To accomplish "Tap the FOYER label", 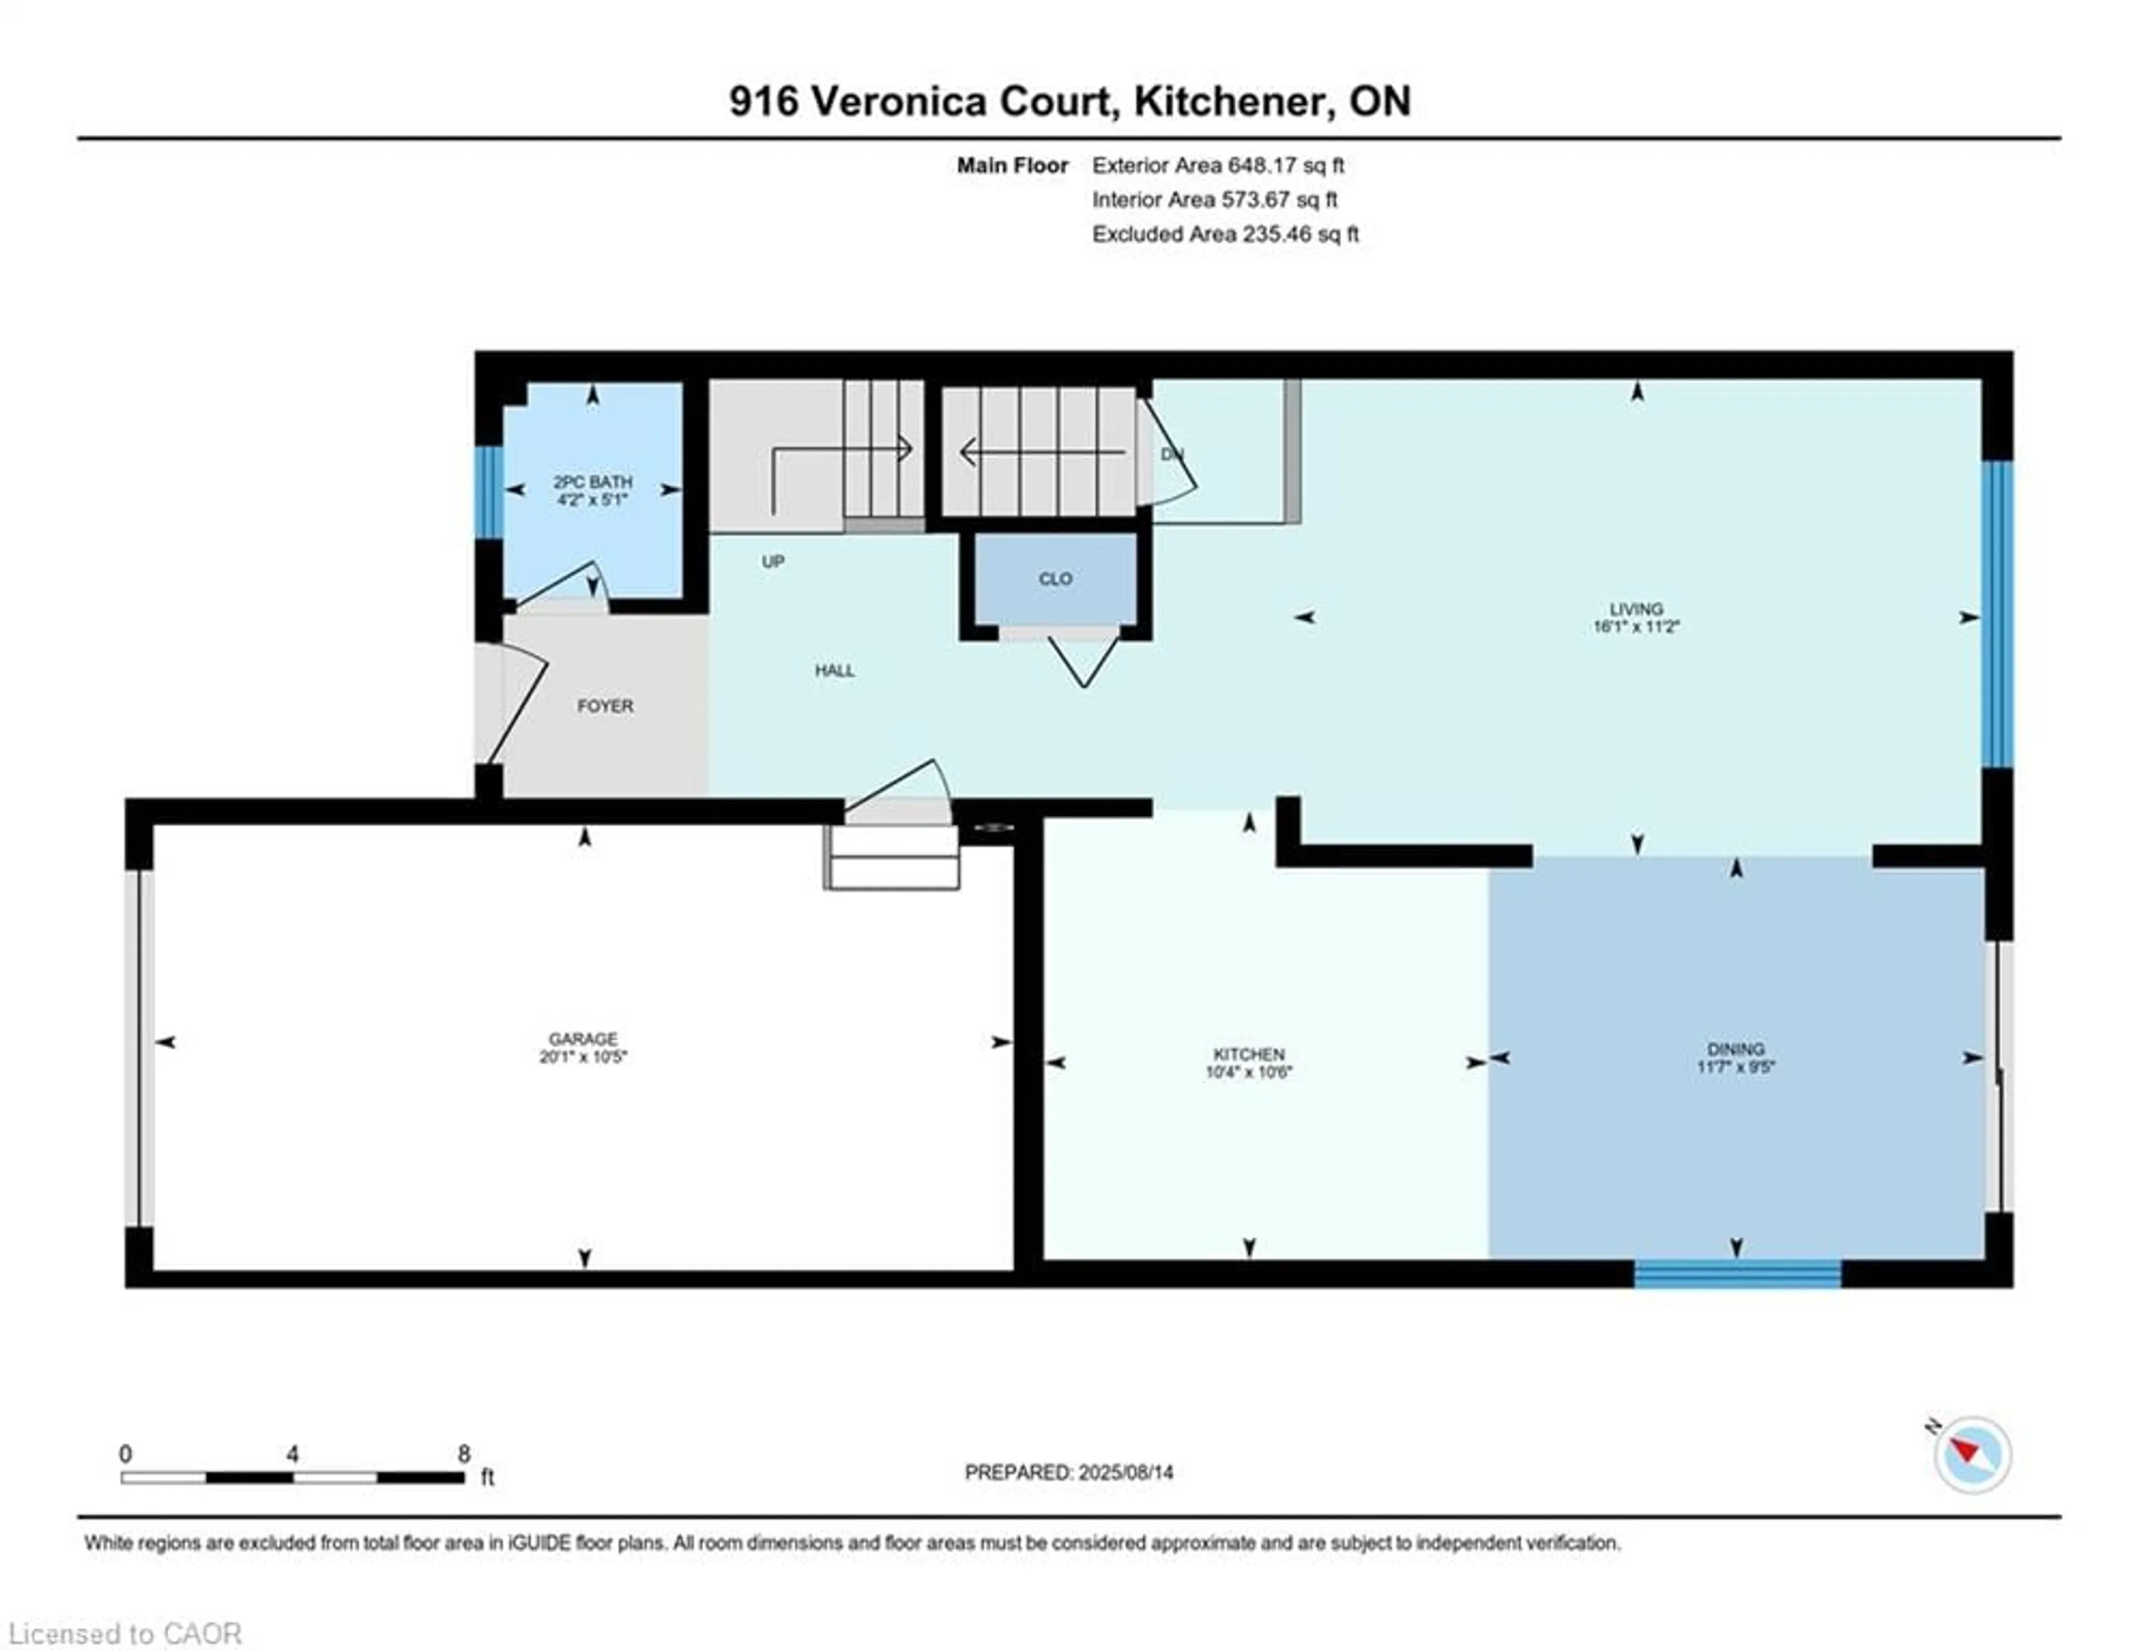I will click(x=605, y=706).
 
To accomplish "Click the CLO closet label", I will click(x=1055, y=578).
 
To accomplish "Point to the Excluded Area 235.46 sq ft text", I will click(x=1225, y=234).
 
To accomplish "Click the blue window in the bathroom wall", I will click(x=488, y=492).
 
